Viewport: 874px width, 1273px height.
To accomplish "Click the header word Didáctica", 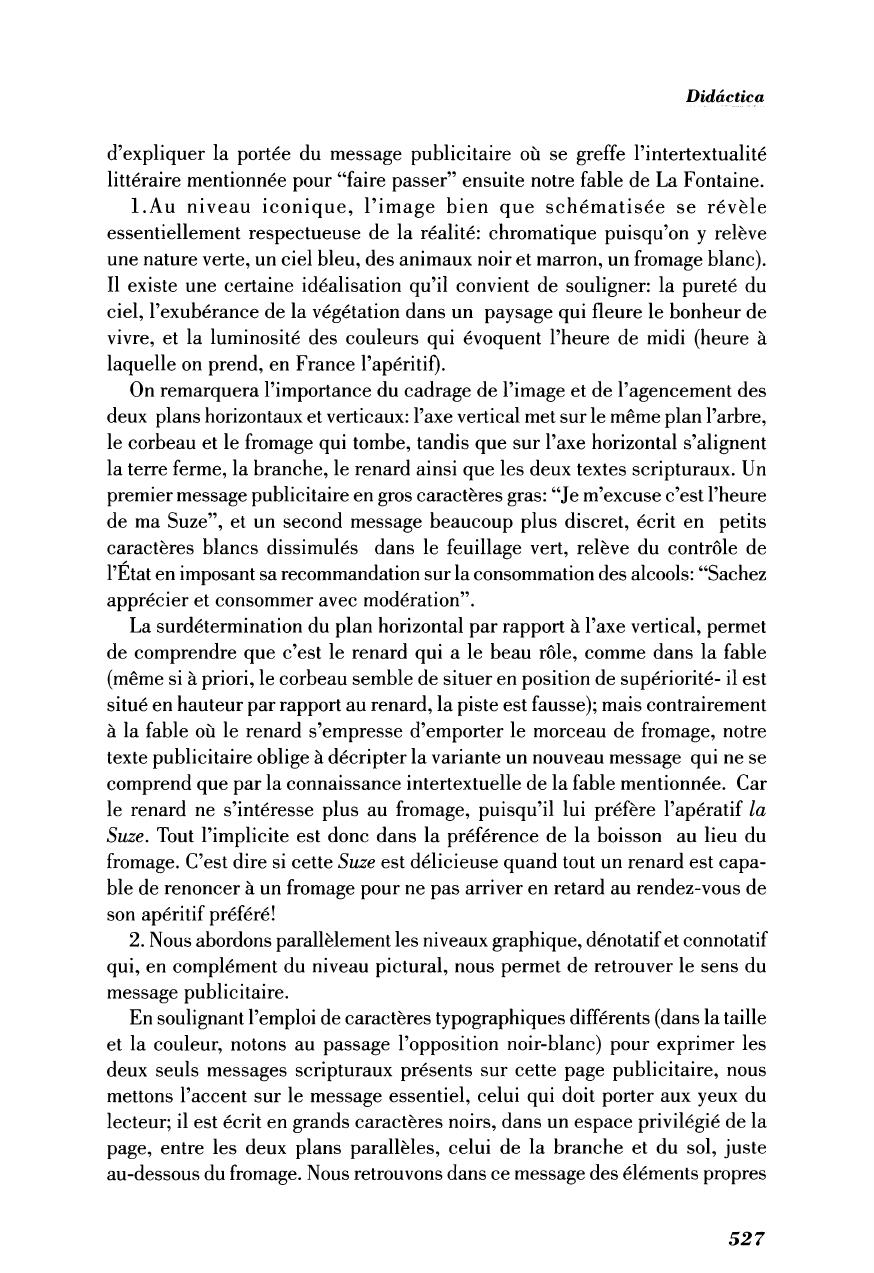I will [725, 97].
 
